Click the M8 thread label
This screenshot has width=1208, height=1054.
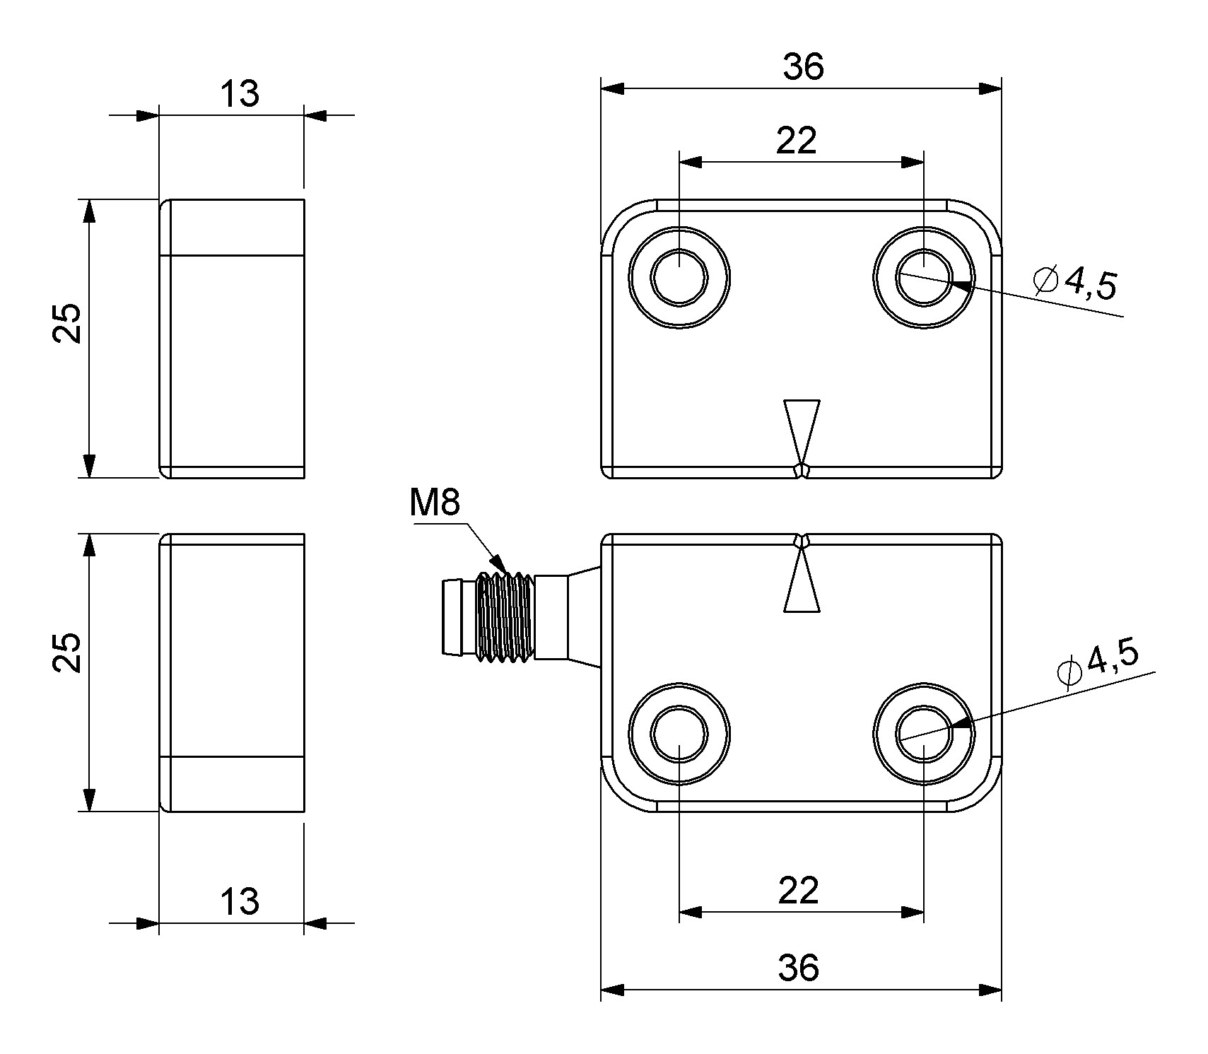click(434, 503)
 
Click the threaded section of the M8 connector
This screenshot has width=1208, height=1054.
click(505, 617)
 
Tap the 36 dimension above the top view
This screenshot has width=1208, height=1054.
click(803, 66)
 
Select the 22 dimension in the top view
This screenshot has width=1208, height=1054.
click(796, 140)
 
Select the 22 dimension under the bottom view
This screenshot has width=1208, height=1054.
click(799, 890)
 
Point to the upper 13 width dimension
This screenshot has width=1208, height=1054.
click(240, 94)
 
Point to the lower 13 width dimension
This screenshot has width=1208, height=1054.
click(240, 902)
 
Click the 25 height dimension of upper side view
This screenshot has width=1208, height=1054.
click(68, 324)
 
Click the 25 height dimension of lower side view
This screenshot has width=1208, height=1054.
click(68, 652)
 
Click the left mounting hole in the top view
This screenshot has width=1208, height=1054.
click(679, 278)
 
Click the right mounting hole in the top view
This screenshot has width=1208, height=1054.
click(923, 278)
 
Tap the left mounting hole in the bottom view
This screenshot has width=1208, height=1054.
click(679, 732)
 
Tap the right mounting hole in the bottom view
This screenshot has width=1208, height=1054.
click(923, 732)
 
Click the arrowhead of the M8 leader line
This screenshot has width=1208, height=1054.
click(499, 565)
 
